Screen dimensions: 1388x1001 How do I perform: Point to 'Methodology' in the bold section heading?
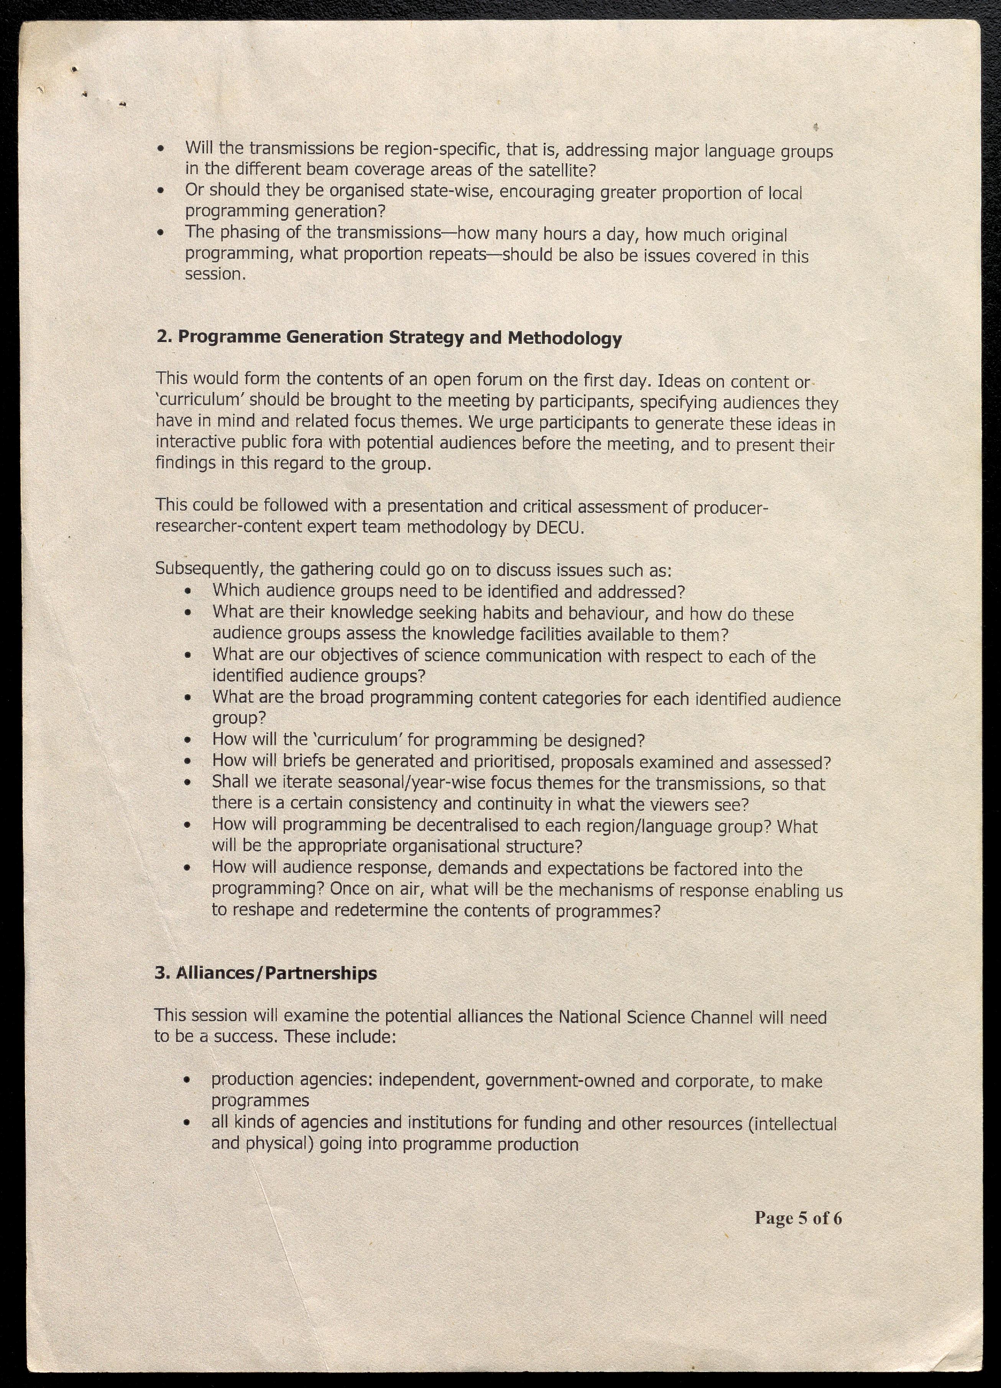click(564, 338)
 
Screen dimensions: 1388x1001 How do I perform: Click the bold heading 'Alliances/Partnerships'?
click(276, 974)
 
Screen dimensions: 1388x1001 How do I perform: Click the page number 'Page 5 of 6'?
click(798, 1218)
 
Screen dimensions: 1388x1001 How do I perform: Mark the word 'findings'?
click(186, 463)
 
